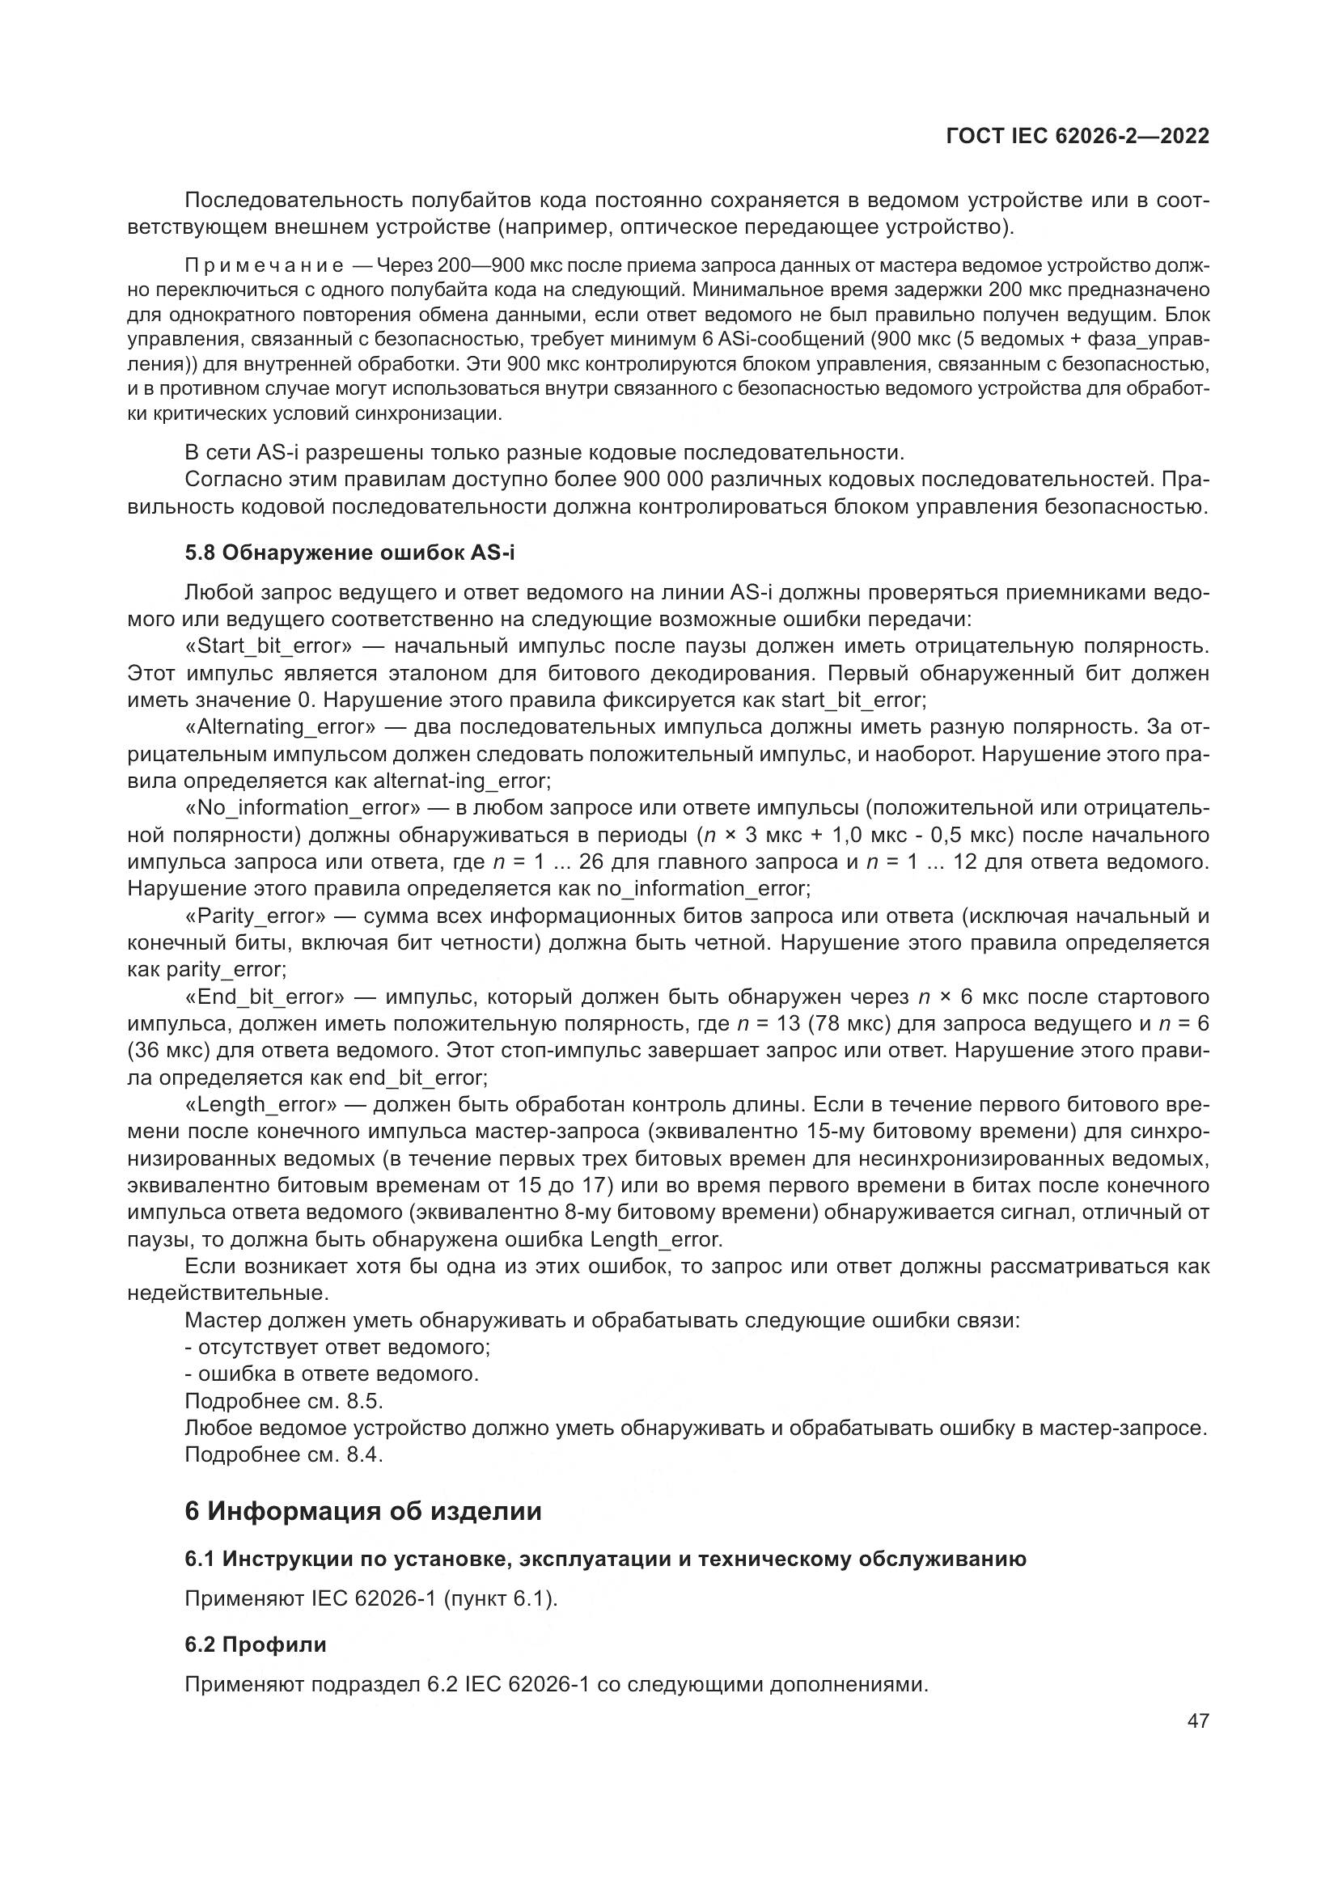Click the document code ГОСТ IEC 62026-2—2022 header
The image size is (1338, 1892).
1078,137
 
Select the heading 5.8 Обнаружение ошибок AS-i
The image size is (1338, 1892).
349,553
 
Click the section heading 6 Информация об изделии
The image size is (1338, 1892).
363,1511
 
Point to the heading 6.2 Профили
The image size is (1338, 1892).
256,1644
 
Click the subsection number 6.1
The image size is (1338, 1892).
200,1559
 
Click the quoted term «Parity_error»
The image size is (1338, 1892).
256,916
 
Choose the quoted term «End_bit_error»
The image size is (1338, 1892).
265,997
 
